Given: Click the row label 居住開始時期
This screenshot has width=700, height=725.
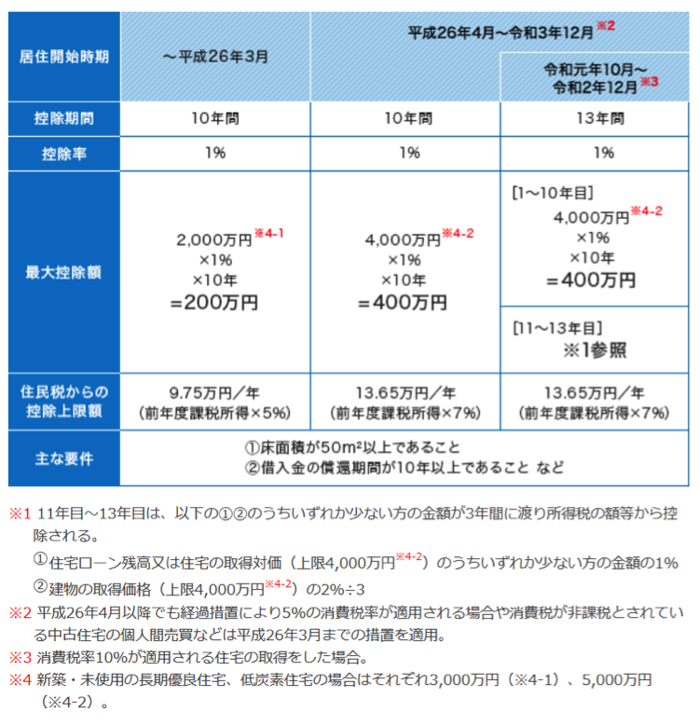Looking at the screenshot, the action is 63,56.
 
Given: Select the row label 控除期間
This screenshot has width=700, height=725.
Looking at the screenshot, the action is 63,119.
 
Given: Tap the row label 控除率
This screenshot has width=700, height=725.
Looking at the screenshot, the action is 63,154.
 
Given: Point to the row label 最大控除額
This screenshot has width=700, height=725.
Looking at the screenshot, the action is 63,273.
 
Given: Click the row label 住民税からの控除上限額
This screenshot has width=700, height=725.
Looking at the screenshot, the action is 63,402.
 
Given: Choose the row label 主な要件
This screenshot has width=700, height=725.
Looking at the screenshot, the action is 63,459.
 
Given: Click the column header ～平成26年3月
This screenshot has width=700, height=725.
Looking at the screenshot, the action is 215,56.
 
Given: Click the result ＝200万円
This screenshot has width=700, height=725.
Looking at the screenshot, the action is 215,303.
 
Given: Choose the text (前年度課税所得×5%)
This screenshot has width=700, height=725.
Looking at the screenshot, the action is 215,412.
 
